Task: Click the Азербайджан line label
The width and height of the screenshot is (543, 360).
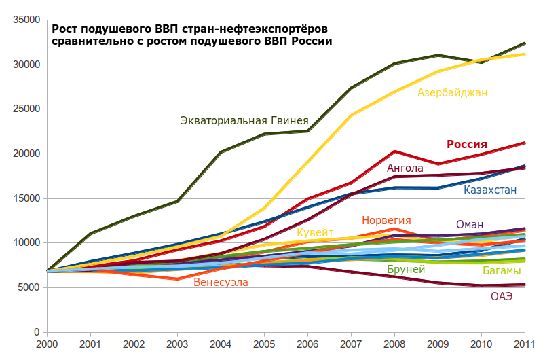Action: [x=453, y=92]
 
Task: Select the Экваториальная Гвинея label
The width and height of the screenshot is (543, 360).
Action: [x=244, y=121]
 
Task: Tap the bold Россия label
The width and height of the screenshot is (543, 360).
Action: [x=467, y=144]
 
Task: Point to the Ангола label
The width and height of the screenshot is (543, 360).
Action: [x=405, y=168]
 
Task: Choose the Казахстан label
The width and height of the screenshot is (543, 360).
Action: [x=490, y=190]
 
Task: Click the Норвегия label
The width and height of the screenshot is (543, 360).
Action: [x=386, y=221]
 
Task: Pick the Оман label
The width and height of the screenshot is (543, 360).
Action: [x=470, y=225]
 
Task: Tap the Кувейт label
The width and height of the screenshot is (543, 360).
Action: [x=315, y=233]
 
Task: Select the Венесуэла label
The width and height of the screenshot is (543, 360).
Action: [x=221, y=283]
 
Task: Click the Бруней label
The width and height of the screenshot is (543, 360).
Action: [x=406, y=270]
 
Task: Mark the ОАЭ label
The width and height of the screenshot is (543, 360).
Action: [x=502, y=296]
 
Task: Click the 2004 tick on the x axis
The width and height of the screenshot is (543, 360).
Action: [x=221, y=344]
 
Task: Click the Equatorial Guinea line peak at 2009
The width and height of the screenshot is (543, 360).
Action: [x=438, y=55]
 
